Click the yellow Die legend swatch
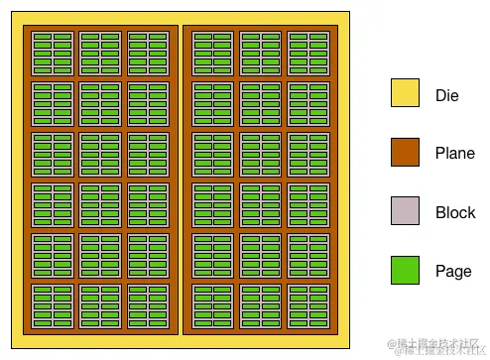405,95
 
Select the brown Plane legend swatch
405,153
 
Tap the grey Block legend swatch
405,211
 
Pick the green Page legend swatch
405,270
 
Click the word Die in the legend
447,96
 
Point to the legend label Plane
455,154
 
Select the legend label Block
455,212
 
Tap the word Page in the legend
453,271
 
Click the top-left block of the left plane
53,53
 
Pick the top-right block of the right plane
308,53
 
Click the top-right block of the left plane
148,53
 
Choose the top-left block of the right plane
213,53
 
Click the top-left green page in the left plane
42,38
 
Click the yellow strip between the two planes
181,179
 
